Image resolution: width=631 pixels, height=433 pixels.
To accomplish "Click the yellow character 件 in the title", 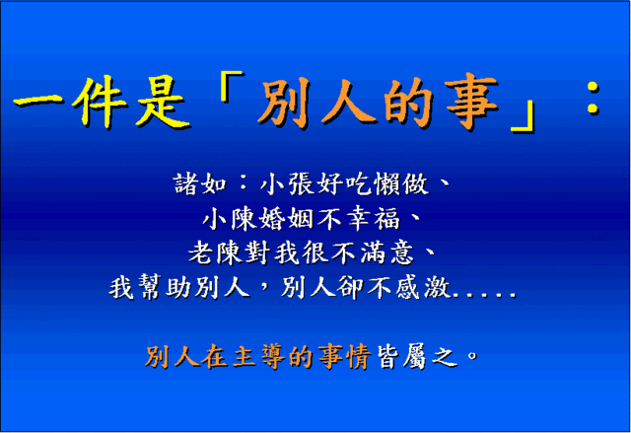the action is coord(100,101).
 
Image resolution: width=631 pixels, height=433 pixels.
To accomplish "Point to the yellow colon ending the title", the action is coord(594,98).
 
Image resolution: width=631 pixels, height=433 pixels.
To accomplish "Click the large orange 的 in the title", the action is coord(408,102).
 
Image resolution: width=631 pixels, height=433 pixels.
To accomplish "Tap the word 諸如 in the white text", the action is coord(200,184).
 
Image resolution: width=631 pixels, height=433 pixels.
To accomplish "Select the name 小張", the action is coord(287,184).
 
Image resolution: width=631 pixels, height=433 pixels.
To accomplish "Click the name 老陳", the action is coord(215,253).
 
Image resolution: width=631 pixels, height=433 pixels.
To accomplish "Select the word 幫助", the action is coord(165,287).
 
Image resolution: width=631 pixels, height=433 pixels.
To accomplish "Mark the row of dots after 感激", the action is coord(484,295).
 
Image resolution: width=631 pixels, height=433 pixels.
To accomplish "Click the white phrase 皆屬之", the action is coord(417,356).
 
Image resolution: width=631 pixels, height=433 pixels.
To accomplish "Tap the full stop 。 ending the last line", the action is coord(472,355).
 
